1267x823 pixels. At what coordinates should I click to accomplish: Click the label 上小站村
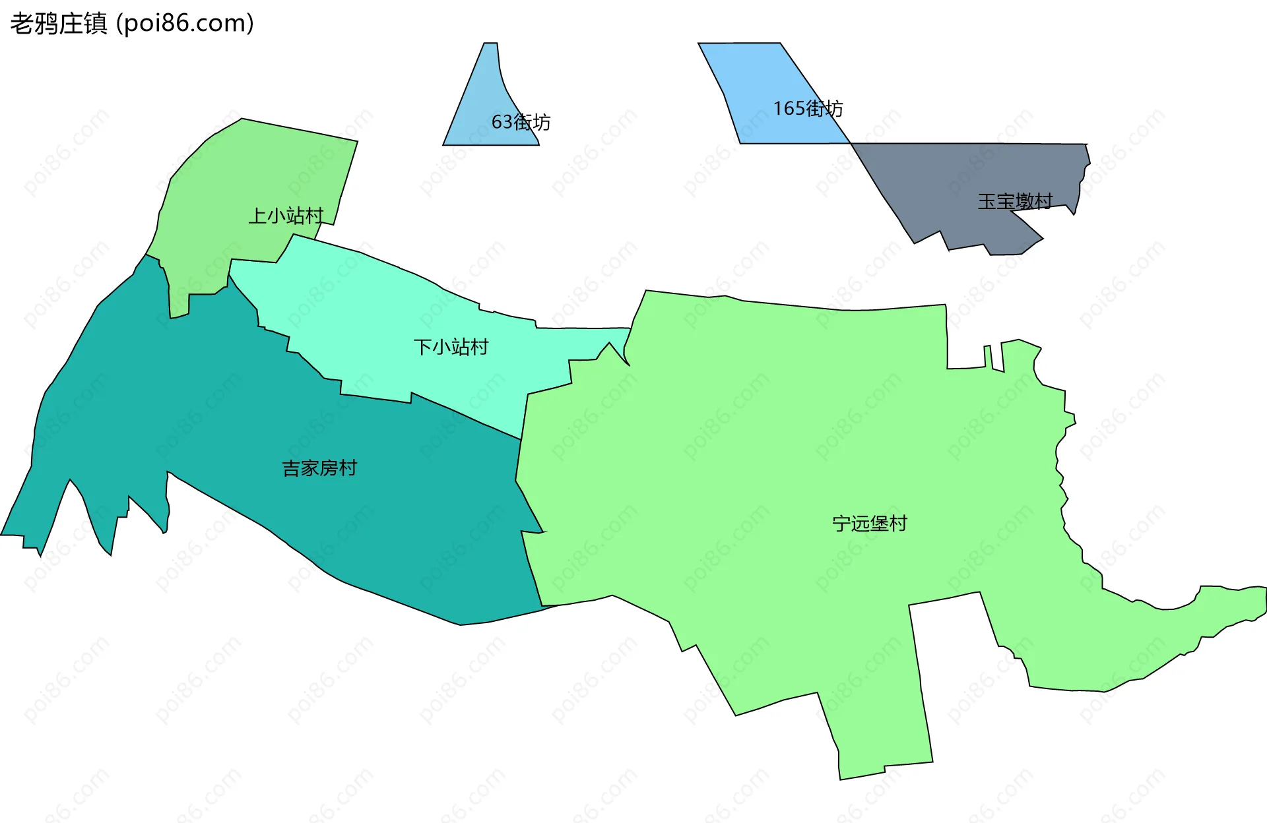pyautogui.click(x=286, y=216)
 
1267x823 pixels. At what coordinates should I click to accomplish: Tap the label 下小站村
pyautogui.click(x=451, y=347)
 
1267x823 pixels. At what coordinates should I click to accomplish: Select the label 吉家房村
pyautogui.click(x=319, y=468)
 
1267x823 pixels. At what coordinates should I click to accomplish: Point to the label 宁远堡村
pyautogui.click(x=870, y=524)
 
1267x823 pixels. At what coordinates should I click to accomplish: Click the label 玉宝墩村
pyautogui.click(x=1015, y=201)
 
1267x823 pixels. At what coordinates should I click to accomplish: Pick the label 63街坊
pyautogui.click(x=521, y=122)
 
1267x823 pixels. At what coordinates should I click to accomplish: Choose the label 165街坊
pyautogui.click(x=808, y=108)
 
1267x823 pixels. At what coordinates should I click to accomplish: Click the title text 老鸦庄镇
pyautogui.click(x=59, y=24)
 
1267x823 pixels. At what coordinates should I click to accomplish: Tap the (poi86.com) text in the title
pyautogui.click(x=185, y=24)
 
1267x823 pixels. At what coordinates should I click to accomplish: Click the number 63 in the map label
pyautogui.click(x=502, y=122)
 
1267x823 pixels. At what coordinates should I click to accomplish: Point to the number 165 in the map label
pyautogui.click(x=789, y=108)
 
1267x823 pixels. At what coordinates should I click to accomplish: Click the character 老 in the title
pyautogui.click(x=22, y=24)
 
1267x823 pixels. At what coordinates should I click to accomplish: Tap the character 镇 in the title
pyautogui.click(x=96, y=24)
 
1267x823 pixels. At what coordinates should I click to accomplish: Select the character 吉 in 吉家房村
pyautogui.click(x=291, y=468)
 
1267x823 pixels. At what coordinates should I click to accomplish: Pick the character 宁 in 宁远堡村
pyautogui.click(x=841, y=524)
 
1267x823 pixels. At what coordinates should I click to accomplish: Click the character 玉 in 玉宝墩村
pyautogui.click(x=987, y=201)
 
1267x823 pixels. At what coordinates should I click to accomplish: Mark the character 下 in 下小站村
pyautogui.click(x=422, y=347)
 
